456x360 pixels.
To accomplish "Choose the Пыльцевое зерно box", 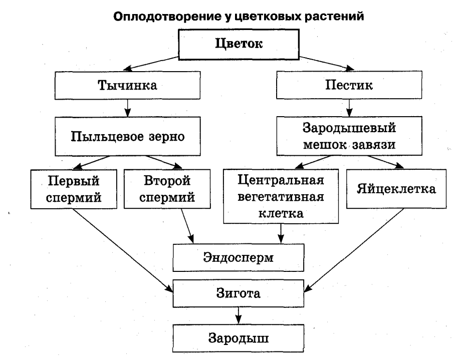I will click(129, 136).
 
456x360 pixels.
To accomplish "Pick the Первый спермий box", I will click(74, 189).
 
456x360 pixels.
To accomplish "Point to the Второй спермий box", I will click(165, 189).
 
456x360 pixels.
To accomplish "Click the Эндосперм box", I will click(239, 257).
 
